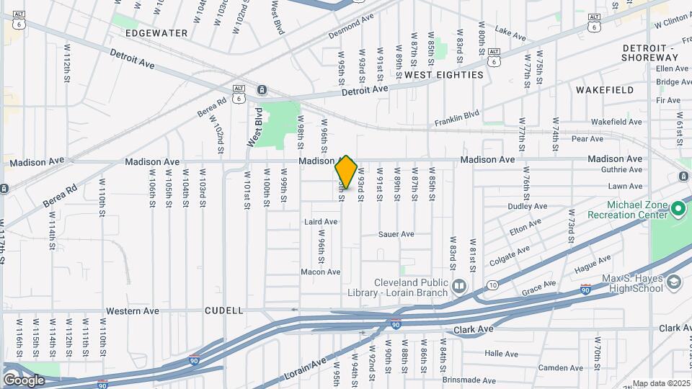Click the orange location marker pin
pos(346,172)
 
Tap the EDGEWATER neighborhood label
pos(156,33)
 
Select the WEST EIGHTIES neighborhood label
pos(443,75)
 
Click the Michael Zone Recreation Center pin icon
pos(678,210)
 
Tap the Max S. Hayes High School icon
pos(674,282)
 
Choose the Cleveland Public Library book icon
pos(458,288)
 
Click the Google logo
pos(24,380)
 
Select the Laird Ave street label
pos(321,222)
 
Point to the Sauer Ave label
pos(396,234)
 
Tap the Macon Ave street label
pos(320,272)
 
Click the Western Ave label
pos(133,311)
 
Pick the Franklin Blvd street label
pos(457,119)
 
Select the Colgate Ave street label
pos(509,255)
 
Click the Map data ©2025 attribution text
pos(661,383)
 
